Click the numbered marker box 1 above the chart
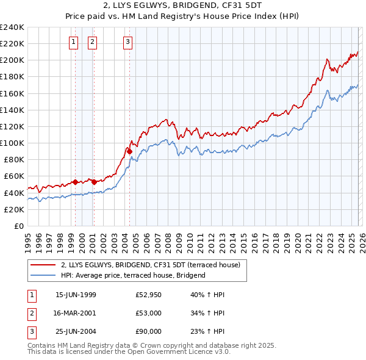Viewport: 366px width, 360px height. click(x=73, y=42)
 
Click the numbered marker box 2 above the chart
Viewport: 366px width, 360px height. click(x=92, y=42)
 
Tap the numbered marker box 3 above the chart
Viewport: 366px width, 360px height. click(x=127, y=42)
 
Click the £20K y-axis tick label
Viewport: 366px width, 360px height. click(x=15, y=209)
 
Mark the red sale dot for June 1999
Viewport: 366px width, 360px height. click(x=75, y=182)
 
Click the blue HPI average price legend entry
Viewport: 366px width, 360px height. click(x=133, y=275)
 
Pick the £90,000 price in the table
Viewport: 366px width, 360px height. click(x=149, y=331)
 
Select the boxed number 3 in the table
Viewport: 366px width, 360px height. click(x=31, y=331)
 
